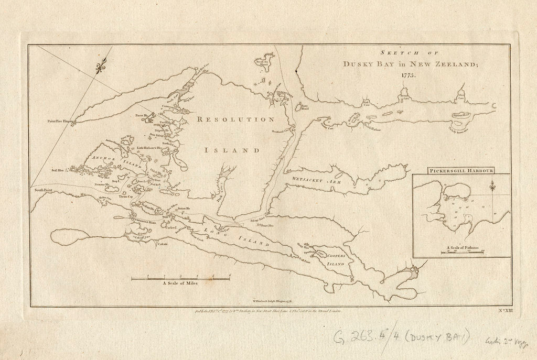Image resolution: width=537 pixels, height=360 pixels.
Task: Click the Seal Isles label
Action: [57, 170]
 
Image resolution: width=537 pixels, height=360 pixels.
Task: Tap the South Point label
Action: [41, 190]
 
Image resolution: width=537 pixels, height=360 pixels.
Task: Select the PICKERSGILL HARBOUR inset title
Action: [460, 171]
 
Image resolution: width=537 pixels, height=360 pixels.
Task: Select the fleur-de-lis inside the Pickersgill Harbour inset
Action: [492, 186]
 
